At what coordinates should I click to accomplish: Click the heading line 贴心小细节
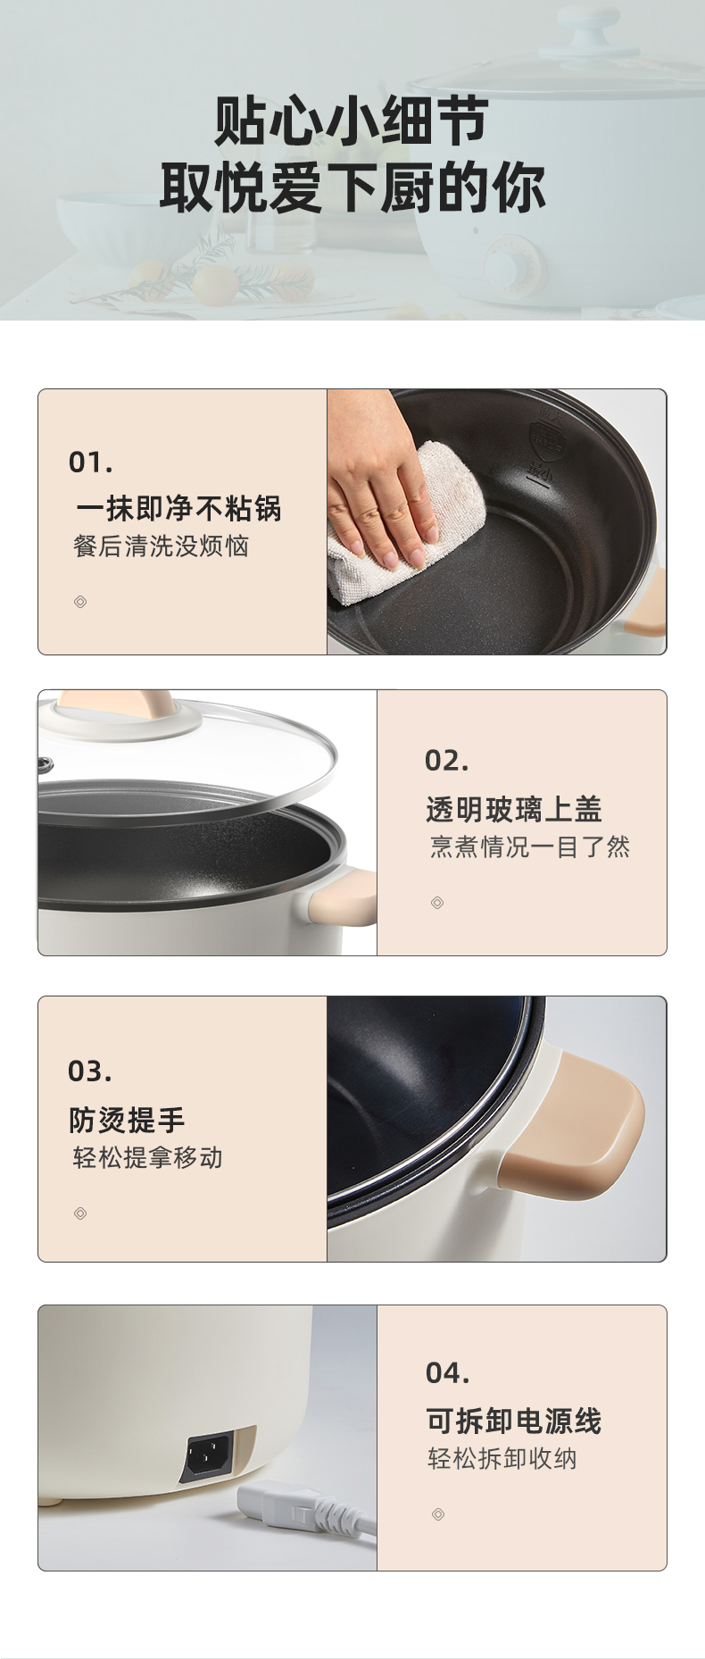click(351, 121)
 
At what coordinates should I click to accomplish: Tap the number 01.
click(90, 463)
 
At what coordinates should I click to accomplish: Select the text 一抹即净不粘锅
click(178, 508)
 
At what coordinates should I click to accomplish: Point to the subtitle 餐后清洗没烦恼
click(161, 546)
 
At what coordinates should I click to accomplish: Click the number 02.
click(446, 761)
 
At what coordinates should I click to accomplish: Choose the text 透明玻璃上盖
click(513, 809)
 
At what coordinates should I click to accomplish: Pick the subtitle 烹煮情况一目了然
click(529, 846)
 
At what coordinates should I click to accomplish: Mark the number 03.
click(90, 1071)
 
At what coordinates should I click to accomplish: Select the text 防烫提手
click(127, 1120)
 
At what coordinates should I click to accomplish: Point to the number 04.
click(447, 1372)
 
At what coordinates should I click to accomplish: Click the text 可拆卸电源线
click(513, 1421)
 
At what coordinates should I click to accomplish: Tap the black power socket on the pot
click(209, 1457)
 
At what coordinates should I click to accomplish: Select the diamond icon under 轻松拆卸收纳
click(437, 1514)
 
